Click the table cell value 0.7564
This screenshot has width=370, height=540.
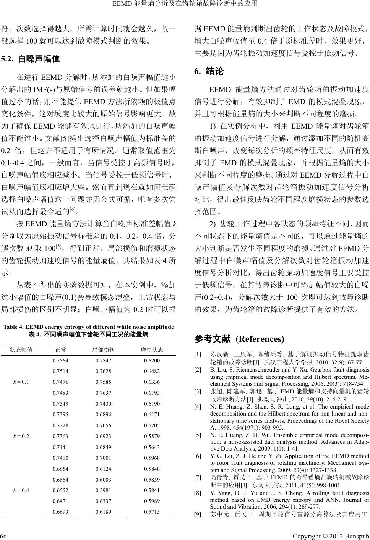(60, 361)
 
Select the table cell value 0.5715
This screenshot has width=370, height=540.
(152, 511)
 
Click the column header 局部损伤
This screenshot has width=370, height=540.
(104, 350)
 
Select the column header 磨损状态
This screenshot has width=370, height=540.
(152, 350)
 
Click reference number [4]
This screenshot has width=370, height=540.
(198, 407)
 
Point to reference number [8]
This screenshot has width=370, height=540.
(198, 493)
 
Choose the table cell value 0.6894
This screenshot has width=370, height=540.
(104, 415)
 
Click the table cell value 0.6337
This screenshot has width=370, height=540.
(104, 501)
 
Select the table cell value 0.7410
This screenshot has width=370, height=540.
(60, 458)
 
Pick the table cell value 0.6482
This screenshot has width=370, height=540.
(152, 371)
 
